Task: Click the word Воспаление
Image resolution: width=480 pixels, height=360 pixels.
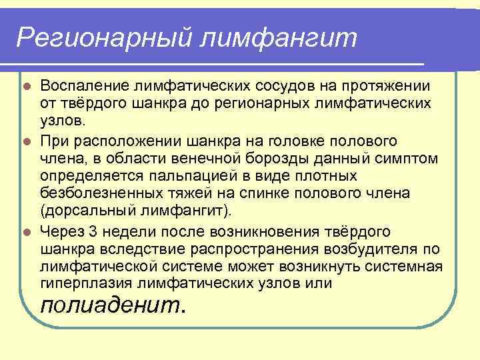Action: [85, 86]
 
